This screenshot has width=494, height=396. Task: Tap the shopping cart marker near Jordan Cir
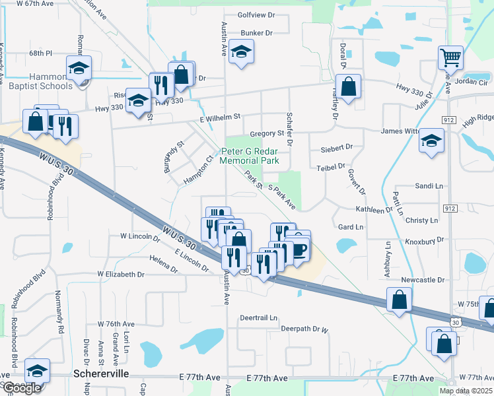tap(450, 58)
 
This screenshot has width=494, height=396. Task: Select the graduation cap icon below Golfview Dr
tap(242, 53)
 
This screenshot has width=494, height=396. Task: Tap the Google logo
tap(22, 388)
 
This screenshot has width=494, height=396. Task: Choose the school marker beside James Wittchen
tap(432, 141)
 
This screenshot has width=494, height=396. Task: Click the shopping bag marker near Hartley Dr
tap(350, 86)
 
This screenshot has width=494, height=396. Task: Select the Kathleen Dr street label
tap(374, 210)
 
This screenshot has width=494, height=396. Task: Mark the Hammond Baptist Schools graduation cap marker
tap(79, 68)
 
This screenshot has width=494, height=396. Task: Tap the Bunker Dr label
tap(257, 32)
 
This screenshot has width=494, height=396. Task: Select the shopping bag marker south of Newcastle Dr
tap(400, 301)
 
